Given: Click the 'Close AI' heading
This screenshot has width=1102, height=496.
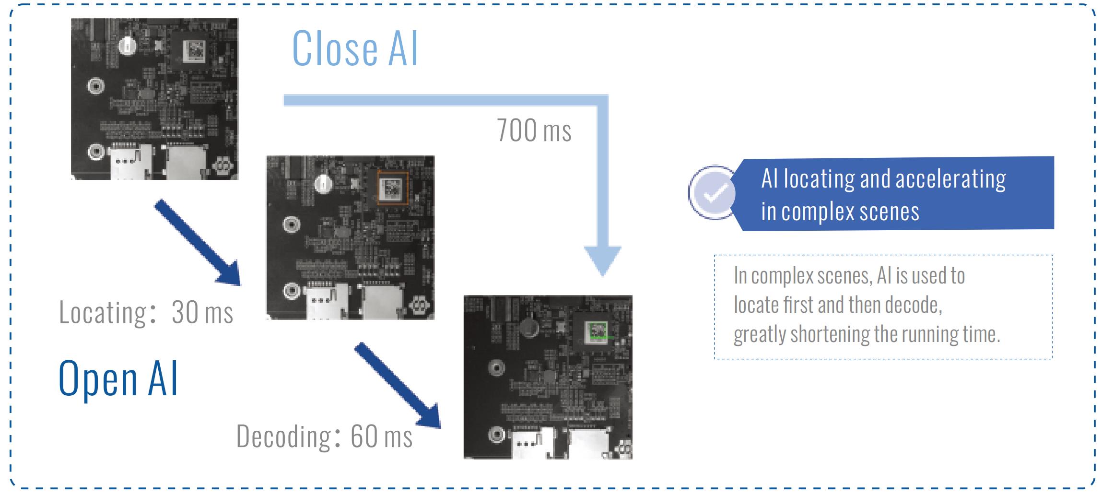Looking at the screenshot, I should tap(355, 48).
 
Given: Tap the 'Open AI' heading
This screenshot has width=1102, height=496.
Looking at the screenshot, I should tap(118, 378).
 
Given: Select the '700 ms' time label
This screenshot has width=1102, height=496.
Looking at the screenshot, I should tap(534, 130).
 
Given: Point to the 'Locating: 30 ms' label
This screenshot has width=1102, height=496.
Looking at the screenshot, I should tap(146, 313).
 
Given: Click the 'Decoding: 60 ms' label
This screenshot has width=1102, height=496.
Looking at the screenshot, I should tap(324, 437).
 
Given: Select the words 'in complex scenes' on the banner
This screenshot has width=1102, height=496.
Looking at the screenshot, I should tap(840, 212).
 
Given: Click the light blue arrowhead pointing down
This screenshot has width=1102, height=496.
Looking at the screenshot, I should tap(603, 260).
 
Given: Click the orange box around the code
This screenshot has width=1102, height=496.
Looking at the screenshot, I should tap(392, 189).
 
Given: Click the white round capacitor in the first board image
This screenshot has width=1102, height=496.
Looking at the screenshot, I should tap(128, 46).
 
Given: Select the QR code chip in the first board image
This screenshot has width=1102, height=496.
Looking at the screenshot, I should tap(194, 50).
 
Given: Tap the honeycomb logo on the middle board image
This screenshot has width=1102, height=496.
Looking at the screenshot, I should tap(419, 305).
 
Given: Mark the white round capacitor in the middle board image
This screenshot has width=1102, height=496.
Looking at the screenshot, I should tap(324, 183).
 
